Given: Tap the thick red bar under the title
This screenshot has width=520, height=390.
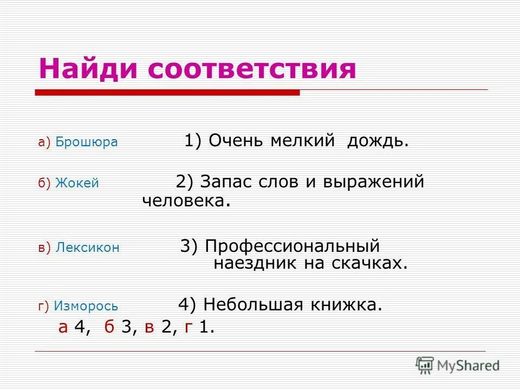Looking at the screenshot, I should (x=167, y=93).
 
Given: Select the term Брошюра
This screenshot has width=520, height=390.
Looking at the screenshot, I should (x=86, y=142).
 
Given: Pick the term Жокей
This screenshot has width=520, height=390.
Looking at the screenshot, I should (x=77, y=184).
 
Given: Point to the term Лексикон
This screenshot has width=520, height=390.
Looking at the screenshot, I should (x=87, y=248).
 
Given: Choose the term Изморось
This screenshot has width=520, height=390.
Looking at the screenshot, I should (x=86, y=306).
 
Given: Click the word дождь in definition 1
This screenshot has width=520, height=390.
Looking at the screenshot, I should (x=378, y=141).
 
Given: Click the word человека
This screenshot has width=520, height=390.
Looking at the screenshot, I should (x=183, y=201).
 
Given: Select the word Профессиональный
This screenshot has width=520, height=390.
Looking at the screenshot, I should (x=292, y=246).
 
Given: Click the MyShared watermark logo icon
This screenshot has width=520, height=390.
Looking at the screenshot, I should (x=425, y=365).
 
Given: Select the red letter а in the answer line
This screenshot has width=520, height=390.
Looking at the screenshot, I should (x=63, y=328).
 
